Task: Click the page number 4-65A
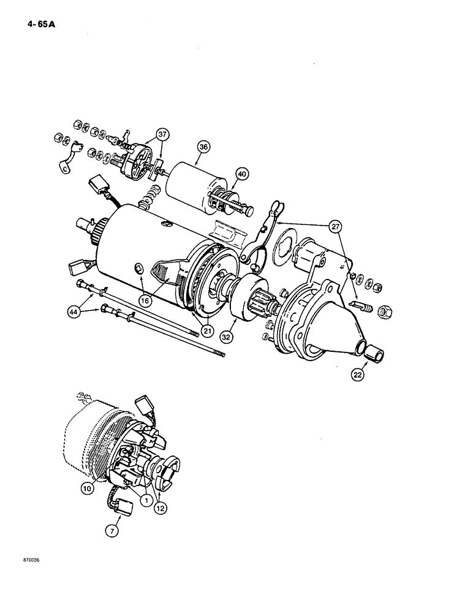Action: pos(42,25)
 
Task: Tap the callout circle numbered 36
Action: pos(204,147)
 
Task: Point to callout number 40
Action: pos(243,174)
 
